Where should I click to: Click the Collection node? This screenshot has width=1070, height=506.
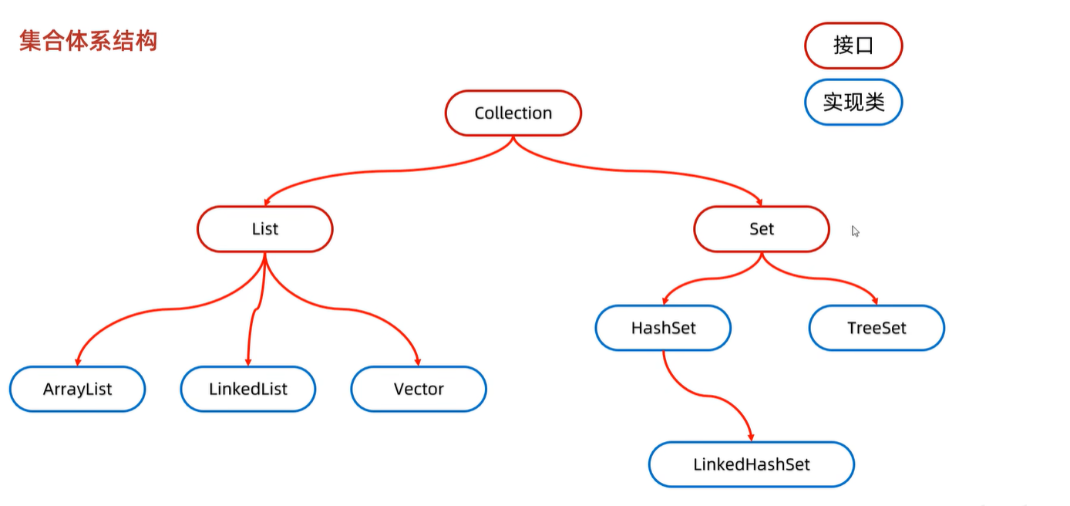[x=513, y=113]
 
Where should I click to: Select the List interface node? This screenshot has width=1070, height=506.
[x=265, y=229]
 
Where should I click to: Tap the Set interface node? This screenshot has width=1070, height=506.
[x=762, y=229]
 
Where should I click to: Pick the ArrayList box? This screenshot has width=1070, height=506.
[x=77, y=389]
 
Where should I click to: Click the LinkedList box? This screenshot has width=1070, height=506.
[x=248, y=389]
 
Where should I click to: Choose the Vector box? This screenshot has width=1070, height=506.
[x=419, y=389]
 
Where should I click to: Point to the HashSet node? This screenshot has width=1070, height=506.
[x=663, y=328]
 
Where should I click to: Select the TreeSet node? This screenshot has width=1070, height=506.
[x=877, y=328]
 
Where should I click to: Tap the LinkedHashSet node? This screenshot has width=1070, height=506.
[x=752, y=464]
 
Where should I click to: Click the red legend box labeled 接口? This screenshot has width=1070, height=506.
[x=853, y=46]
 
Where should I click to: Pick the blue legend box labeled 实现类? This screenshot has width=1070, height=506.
[x=853, y=103]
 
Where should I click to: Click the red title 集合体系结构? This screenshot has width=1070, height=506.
[x=89, y=41]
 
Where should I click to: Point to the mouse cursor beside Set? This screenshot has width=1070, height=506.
[x=855, y=231]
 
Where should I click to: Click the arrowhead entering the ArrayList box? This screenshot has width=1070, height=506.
[x=78, y=363]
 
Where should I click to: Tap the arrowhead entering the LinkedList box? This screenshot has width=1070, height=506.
[x=248, y=363]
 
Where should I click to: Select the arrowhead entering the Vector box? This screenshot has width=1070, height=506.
[x=418, y=363]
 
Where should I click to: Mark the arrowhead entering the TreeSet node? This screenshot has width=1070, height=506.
[x=875, y=301]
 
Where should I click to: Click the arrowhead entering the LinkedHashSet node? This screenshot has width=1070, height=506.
[x=751, y=437]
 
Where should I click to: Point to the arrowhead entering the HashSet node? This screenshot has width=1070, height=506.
[x=665, y=301]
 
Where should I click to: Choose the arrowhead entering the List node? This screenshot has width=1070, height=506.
[x=267, y=203]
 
